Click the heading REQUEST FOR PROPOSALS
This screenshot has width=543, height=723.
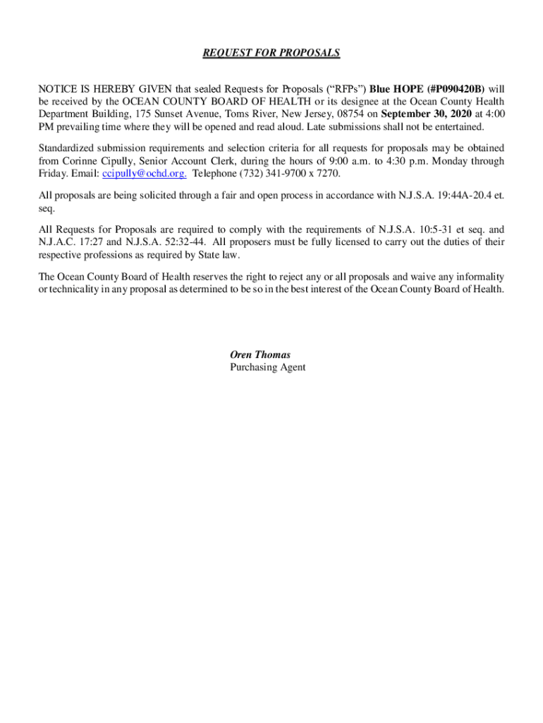[x=271, y=53]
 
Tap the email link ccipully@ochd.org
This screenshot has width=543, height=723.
[x=145, y=174]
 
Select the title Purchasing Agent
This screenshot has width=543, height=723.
[x=268, y=368]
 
